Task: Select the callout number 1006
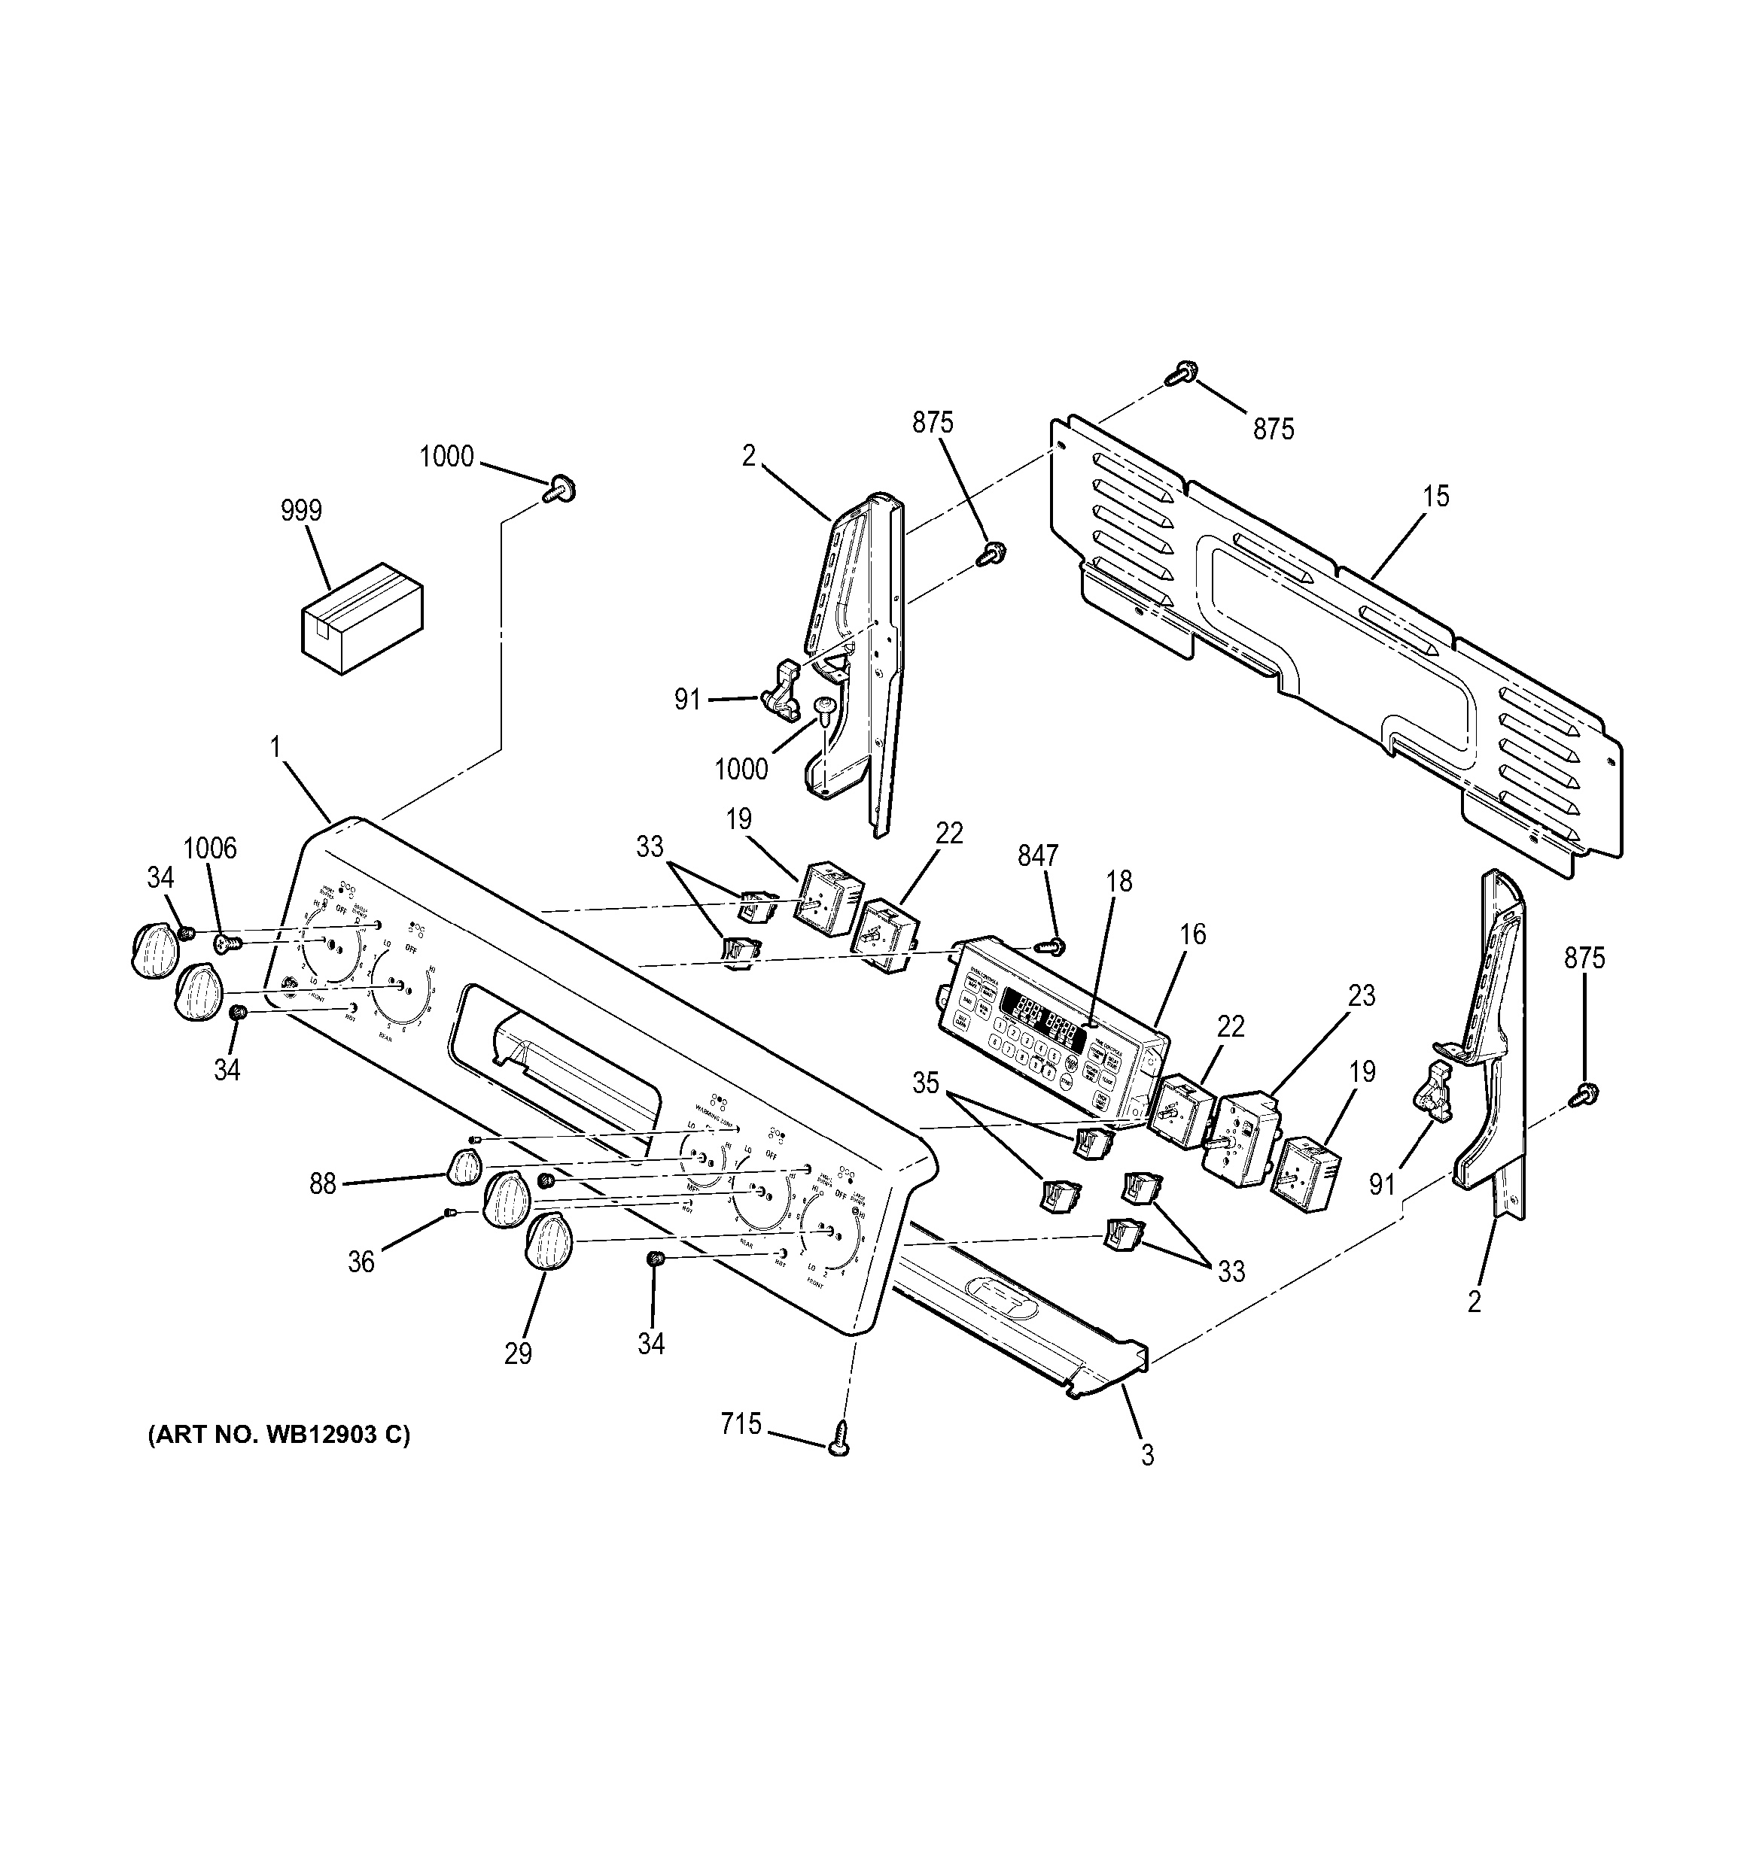pos(210,849)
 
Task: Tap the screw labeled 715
pos(839,1450)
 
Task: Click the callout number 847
pos(1038,856)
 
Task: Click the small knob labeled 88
pos(462,1166)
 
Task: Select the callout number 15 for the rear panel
pos(1435,497)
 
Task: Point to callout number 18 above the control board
pos(1118,882)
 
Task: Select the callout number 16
pos(1192,934)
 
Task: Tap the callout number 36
pos(361,1262)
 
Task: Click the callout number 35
pos(926,1083)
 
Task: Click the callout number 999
pos(301,512)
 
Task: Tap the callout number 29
pos(518,1353)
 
